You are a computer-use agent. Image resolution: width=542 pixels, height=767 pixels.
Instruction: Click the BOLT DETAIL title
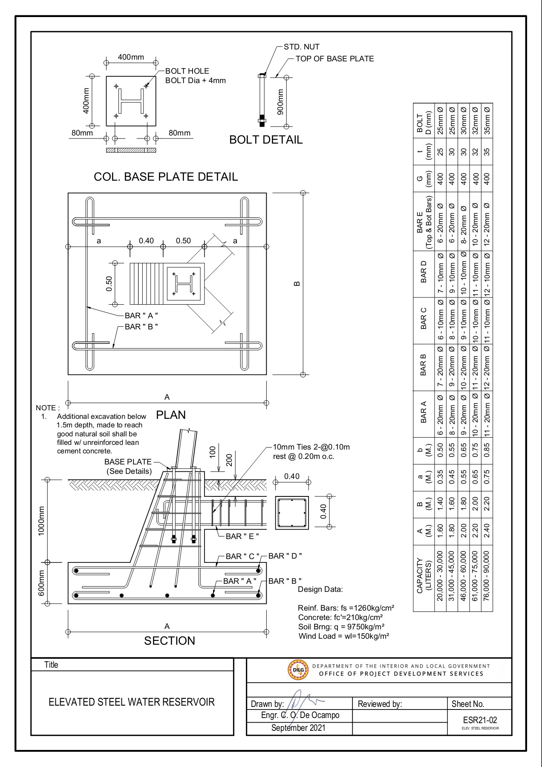tap(266, 140)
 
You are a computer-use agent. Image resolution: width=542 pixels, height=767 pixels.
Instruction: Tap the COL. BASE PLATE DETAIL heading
tap(166, 177)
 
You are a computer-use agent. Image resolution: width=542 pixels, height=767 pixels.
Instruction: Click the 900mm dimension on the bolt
tap(280, 102)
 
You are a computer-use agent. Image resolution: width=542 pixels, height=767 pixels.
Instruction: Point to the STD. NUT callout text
tap(301, 47)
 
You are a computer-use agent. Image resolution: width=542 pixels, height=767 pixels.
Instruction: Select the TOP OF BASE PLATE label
tap(334, 59)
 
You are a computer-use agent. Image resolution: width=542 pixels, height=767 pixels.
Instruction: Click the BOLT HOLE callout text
tap(187, 71)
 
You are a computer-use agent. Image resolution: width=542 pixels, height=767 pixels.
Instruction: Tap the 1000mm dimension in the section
tap(41, 521)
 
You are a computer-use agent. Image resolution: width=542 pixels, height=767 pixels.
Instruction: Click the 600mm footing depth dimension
tap(41, 583)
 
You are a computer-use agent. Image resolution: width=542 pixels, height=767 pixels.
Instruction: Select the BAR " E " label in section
tap(242, 536)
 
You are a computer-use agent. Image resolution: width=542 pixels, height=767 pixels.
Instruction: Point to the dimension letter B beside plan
tap(297, 283)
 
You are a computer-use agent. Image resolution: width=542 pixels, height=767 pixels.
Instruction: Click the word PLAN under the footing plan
tap(171, 415)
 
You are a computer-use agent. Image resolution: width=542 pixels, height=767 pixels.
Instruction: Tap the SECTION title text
tap(170, 641)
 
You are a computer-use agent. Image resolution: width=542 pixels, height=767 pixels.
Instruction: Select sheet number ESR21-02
tap(480, 720)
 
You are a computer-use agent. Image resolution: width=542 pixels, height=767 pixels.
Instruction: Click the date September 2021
tap(298, 728)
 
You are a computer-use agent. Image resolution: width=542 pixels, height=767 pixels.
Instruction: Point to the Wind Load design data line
tap(343, 636)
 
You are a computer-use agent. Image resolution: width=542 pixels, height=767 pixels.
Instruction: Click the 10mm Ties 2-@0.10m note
tap(311, 447)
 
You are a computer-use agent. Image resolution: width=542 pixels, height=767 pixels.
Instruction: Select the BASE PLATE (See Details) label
tap(128, 467)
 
